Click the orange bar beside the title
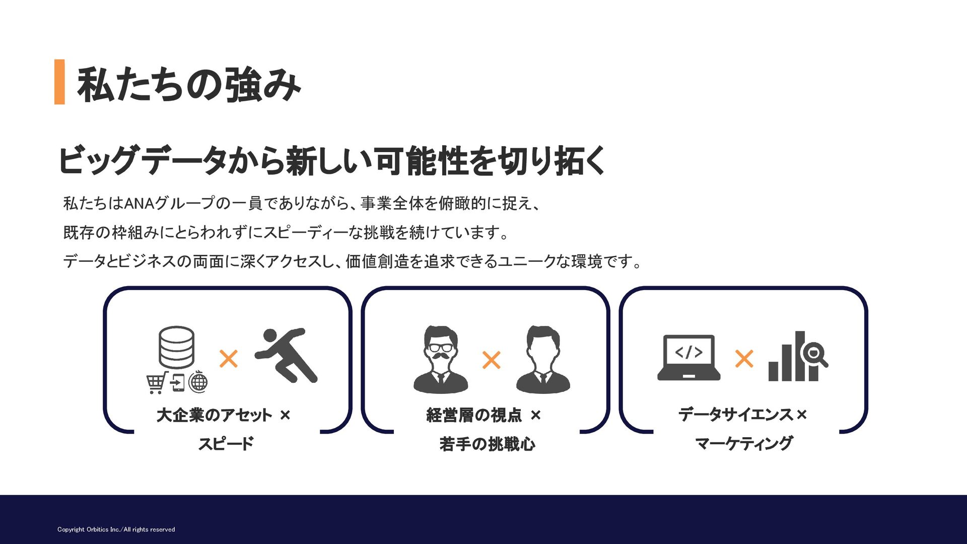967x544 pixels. [59, 82]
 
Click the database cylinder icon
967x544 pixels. [176, 347]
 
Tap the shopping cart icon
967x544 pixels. [157, 383]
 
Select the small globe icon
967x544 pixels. [198, 382]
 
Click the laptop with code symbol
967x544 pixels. [688, 357]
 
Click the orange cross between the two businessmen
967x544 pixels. [491, 360]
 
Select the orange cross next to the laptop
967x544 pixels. [744, 359]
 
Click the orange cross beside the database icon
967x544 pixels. [229, 359]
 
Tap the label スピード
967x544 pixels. [226, 444]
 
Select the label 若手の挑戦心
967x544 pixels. [487, 444]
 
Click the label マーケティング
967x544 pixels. [744, 444]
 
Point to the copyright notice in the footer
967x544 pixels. [116, 529]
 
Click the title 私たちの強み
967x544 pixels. [189, 85]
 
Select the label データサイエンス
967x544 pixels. [736, 415]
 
